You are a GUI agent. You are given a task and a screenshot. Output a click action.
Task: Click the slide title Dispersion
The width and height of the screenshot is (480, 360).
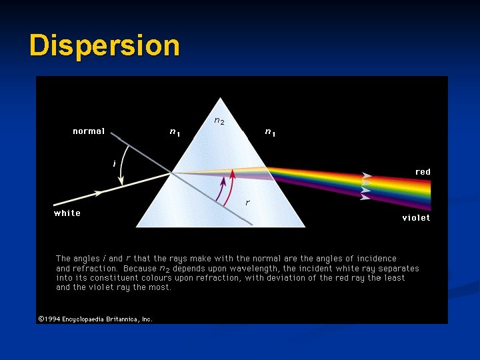click(x=105, y=45)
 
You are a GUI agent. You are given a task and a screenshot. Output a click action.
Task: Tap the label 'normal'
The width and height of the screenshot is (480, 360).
click(x=89, y=131)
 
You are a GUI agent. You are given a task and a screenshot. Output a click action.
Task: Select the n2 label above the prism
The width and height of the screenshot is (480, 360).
click(x=219, y=121)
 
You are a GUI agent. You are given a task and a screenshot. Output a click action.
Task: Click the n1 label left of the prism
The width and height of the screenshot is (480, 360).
click(x=175, y=132)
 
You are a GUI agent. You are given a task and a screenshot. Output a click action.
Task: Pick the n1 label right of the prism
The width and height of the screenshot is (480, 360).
click(x=270, y=132)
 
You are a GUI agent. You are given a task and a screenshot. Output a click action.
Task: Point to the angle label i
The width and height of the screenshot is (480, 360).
click(x=114, y=162)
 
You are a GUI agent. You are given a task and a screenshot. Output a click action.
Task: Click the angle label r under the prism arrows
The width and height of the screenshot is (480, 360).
click(x=247, y=201)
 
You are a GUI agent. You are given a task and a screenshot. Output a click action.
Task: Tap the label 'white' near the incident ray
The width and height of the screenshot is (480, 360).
click(x=67, y=213)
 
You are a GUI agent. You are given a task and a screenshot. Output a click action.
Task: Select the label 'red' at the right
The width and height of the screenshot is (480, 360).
click(x=423, y=172)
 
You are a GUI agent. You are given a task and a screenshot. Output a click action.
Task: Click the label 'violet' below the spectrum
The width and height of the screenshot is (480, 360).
click(x=416, y=218)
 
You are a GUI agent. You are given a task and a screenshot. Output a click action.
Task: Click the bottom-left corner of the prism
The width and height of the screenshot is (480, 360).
click(x=137, y=226)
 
